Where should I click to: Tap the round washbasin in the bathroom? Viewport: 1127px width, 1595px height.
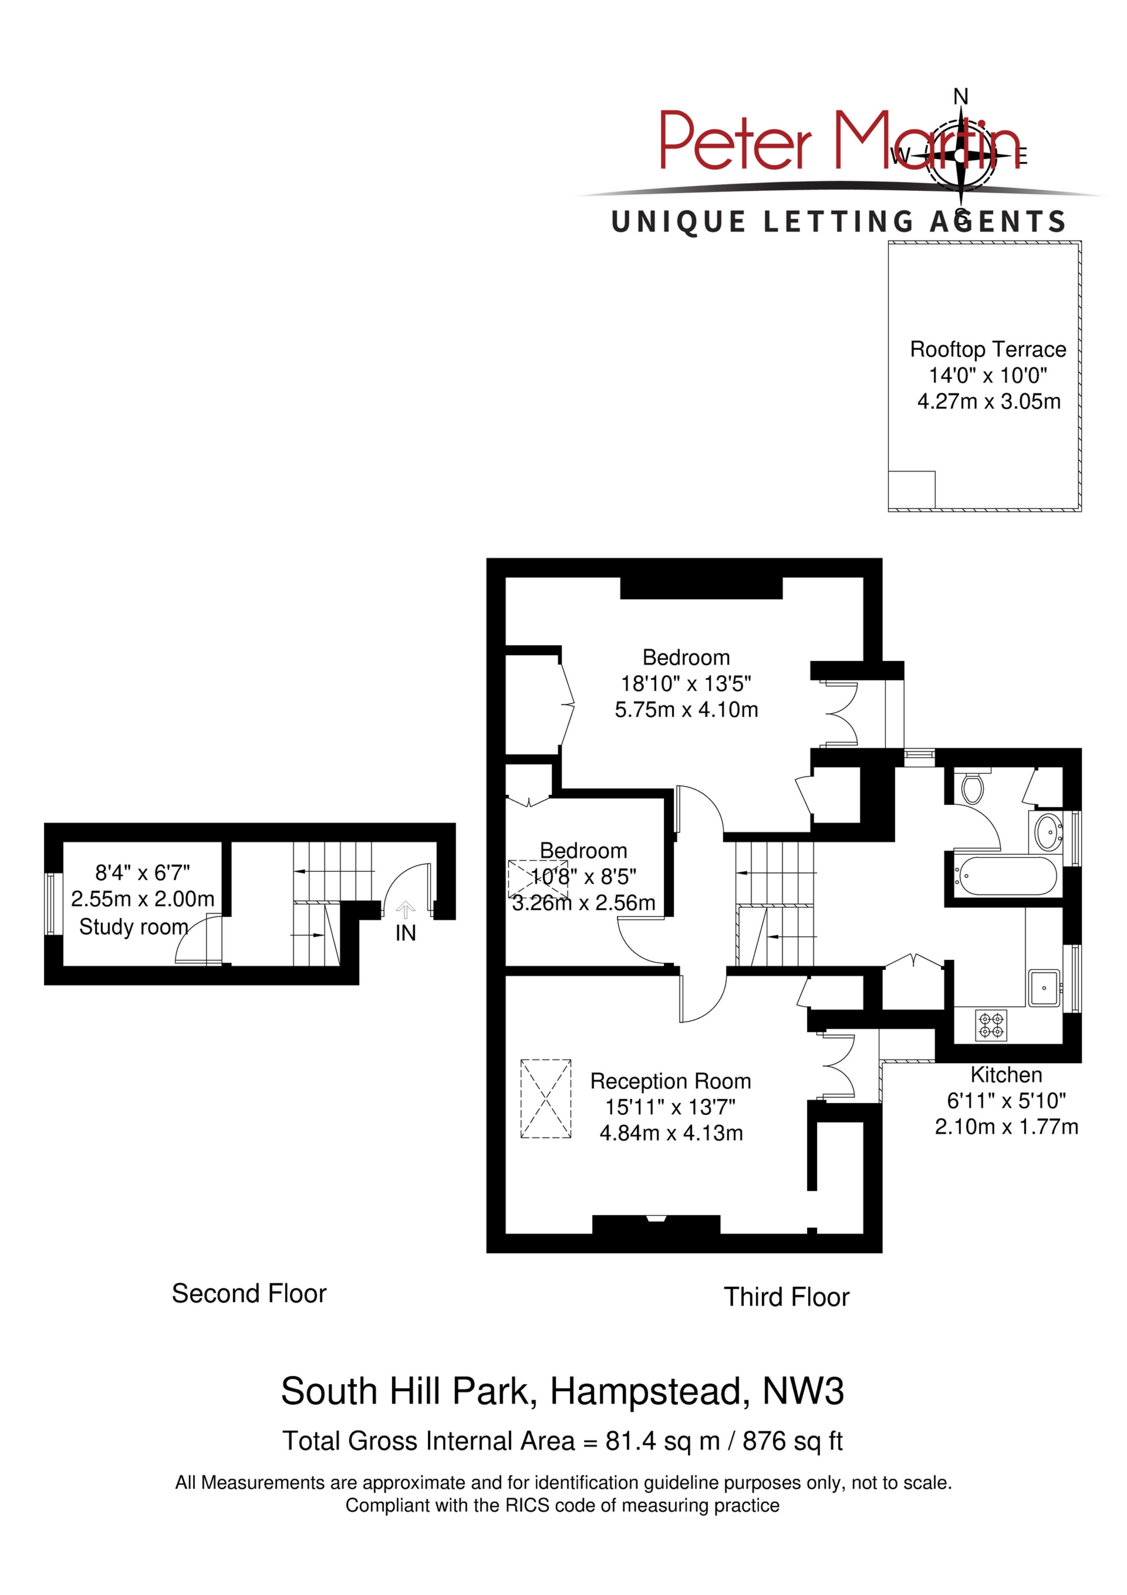point(1047,830)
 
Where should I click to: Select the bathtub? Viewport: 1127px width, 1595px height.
point(1005,876)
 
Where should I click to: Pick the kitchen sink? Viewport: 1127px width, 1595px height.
point(1044,989)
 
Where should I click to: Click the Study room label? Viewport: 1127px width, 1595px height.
point(134,927)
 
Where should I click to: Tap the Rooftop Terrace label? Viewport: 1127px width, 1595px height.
point(988,349)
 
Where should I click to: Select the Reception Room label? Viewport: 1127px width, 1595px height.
point(670,1081)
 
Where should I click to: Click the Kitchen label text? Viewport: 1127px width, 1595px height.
point(1006,1075)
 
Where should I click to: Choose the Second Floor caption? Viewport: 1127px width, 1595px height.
point(249,1293)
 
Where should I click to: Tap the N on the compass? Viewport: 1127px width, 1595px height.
point(961,96)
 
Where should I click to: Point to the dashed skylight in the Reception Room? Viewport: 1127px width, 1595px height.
point(546,1099)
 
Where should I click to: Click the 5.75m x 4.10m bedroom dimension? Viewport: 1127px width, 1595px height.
point(687,710)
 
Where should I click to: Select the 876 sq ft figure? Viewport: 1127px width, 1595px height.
point(793,1441)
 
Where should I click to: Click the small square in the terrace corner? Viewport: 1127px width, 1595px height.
point(912,490)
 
